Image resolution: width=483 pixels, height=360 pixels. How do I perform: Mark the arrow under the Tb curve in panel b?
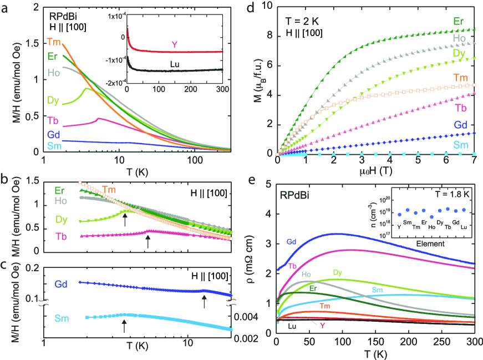(x=148, y=241)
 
